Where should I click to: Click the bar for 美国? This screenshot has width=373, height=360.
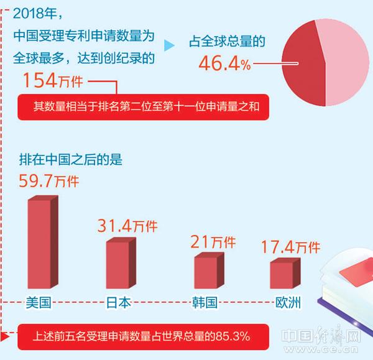pyautogui.click(x=42, y=245)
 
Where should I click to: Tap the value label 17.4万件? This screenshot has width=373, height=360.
pyautogui.click(x=290, y=247)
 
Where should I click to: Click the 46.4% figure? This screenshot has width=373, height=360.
pyautogui.click(x=224, y=63)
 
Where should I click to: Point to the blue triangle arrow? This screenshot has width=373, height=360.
pyautogui.click(x=168, y=45)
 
